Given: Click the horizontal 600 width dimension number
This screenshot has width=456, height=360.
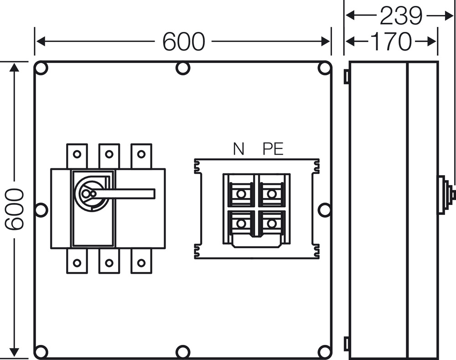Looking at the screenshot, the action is (x=183, y=42).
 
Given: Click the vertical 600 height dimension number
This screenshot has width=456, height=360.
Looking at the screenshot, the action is (x=14, y=209).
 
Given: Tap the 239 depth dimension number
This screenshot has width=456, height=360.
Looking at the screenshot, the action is (x=401, y=16).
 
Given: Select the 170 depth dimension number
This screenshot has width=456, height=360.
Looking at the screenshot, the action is (x=391, y=42).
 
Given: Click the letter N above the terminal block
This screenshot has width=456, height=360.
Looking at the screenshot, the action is (x=238, y=149).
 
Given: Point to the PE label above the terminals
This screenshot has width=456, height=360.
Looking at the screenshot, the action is (x=273, y=149).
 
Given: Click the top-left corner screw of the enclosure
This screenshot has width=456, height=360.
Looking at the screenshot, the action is (x=41, y=68).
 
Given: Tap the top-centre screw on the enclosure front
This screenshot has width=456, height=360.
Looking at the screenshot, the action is (x=183, y=68).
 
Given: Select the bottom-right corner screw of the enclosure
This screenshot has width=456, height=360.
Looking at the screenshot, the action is (x=325, y=352).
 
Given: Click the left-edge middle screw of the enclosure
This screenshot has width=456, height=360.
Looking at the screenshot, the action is (x=41, y=210).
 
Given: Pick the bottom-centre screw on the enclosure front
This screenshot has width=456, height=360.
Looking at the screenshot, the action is (x=183, y=352).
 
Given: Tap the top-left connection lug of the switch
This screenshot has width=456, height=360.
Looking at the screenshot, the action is (x=77, y=156).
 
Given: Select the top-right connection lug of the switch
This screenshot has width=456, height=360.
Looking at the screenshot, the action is (x=141, y=156).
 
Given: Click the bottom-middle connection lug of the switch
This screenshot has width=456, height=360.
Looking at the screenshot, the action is (x=109, y=261).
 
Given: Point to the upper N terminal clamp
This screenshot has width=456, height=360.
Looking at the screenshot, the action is (x=241, y=193).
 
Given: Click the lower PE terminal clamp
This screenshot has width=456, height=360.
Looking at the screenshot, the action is (x=271, y=224).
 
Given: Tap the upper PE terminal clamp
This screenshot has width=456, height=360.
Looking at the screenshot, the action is (x=271, y=193).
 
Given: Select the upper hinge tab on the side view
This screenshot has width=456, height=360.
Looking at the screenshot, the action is (x=347, y=76).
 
